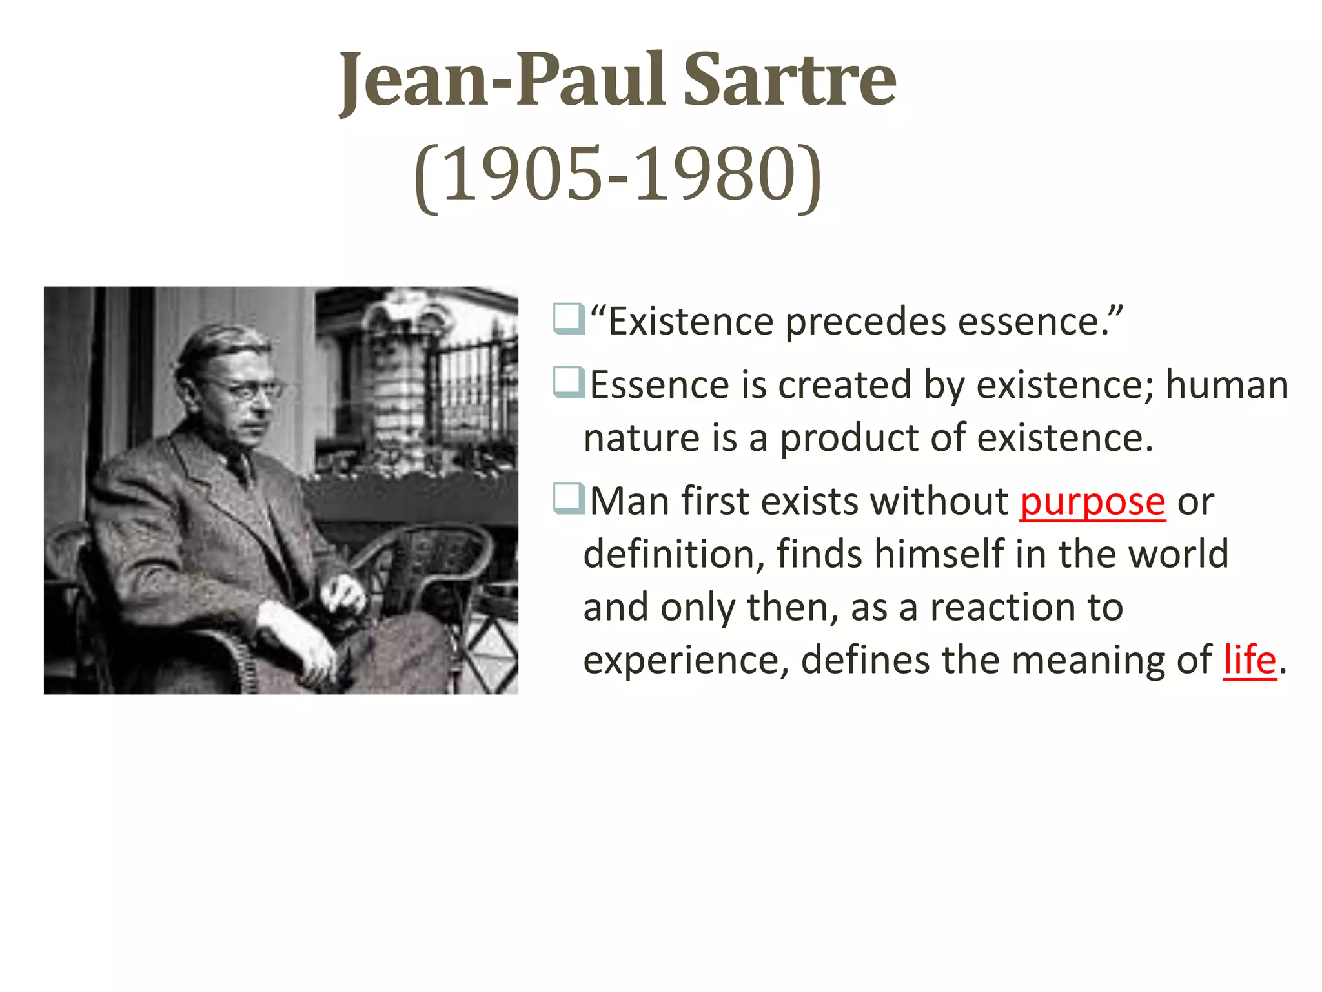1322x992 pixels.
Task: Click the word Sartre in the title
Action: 789,80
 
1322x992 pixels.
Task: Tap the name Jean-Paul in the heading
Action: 502,80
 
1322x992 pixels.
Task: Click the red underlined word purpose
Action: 1092,502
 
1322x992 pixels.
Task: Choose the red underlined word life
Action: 1250,660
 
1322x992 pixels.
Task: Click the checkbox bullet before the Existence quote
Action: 568,320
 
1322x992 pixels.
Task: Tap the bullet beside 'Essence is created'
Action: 568,383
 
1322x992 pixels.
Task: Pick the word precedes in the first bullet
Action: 865,322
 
